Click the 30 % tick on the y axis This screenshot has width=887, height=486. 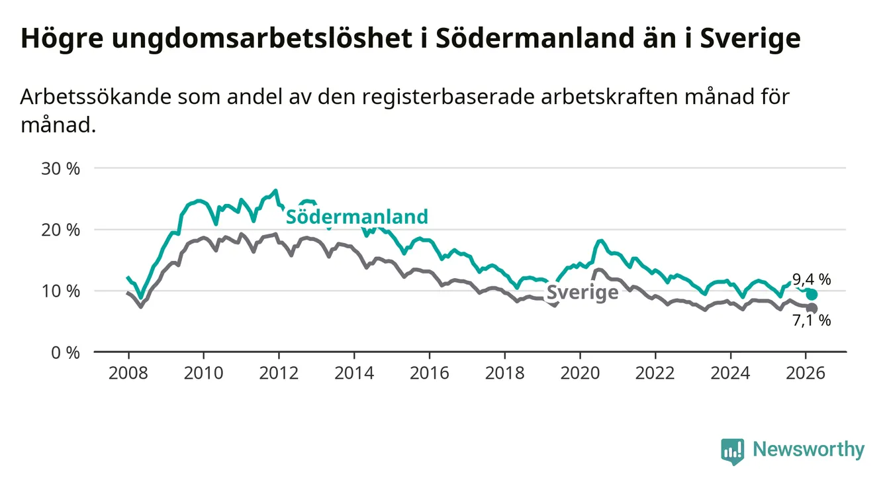pyautogui.click(x=61, y=169)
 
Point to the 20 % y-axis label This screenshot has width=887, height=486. pyautogui.click(x=61, y=230)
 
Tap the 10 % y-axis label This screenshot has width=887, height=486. pyautogui.click(x=61, y=291)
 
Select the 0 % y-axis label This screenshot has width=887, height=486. pyautogui.click(x=66, y=352)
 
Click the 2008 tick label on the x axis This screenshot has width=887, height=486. pyautogui.click(x=128, y=373)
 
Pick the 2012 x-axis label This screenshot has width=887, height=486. pyautogui.click(x=279, y=373)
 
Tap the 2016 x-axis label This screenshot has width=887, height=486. pyautogui.click(x=429, y=373)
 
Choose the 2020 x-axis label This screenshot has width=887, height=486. pyautogui.click(x=580, y=373)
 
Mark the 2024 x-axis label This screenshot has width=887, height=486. pyautogui.click(x=730, y=373)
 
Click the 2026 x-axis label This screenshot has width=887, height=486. pyautogui.click(x=806, y=373)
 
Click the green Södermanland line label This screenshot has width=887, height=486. pyautogui.click(x=357, y=217)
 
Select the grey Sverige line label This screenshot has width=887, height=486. pyautogui.click(x=582, y=293)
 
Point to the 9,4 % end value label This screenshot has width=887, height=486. pyautogui.click(x=811, y=279)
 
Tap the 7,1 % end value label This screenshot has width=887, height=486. pyautogui.click(x=812, y=321)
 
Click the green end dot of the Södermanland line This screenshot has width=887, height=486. pyautogui.click(x=812, y=295)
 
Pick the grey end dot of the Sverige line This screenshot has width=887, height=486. pyautogui.click(x=812, y=309)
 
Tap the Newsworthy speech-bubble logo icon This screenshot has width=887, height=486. pyautogui.click(x=732, y=451)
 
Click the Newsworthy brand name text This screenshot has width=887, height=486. pyautogui.click(x=808, y=450)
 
